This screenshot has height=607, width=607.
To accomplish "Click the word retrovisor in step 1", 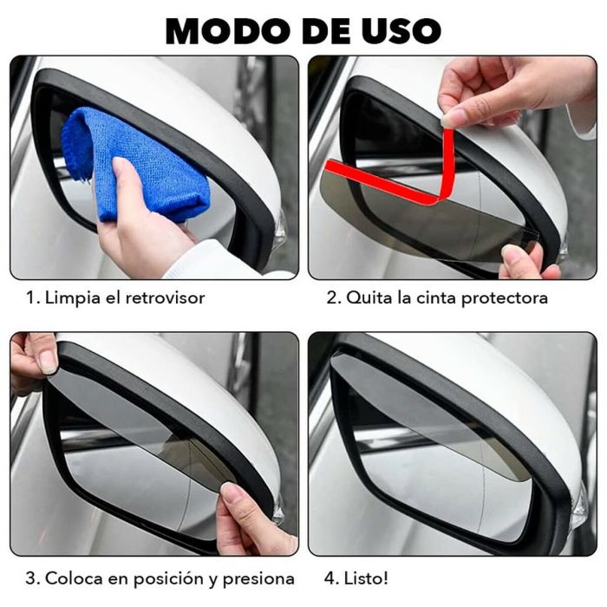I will click(x=163, y=298).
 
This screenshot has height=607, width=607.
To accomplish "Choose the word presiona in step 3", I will click(x=257, y=578).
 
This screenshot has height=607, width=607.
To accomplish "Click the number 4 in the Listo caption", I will click(x=331, y=578).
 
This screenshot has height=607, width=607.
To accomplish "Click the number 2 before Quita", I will click(x=331, y=298).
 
